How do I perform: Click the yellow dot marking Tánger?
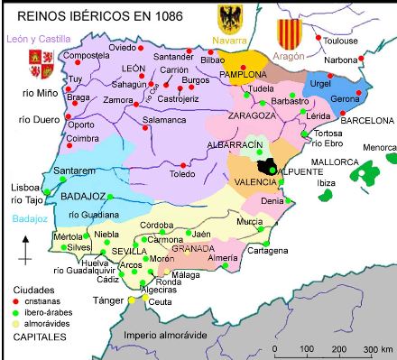click(x=131, y=300)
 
